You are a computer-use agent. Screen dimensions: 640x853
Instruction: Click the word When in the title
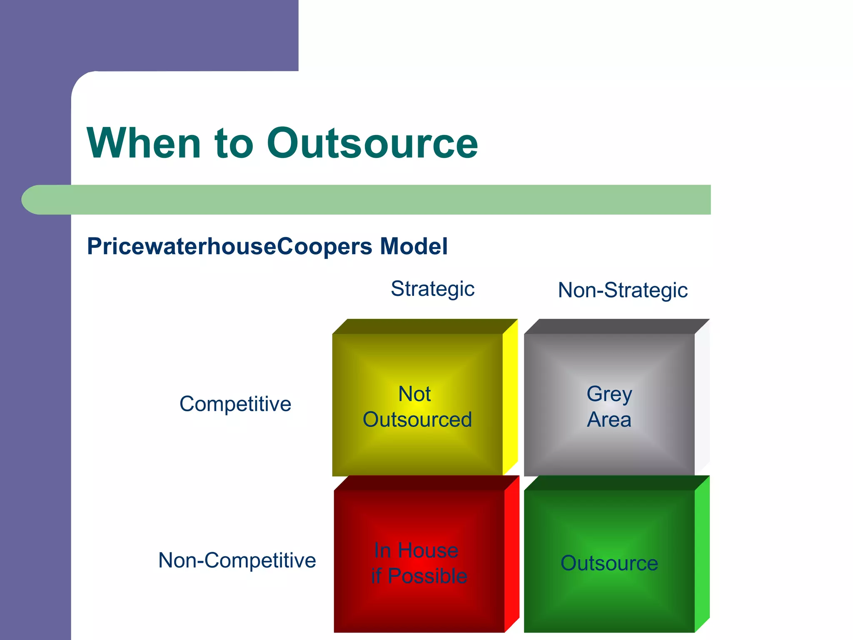click(x=144, y=143)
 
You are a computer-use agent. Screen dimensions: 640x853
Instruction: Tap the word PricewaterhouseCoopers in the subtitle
click(x=229, y=246)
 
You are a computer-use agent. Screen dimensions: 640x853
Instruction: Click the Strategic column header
click(x=432, y=289)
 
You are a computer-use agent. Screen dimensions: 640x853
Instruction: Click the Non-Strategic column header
click(x=622, y=290)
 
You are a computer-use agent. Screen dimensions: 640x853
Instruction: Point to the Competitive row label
click(x=235, y=404)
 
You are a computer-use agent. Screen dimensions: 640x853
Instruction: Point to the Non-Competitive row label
click(x=237, y=560)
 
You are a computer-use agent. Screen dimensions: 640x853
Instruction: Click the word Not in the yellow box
click(x=414, y=394)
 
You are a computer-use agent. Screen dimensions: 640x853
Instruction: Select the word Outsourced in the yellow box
click(x=417, y=420)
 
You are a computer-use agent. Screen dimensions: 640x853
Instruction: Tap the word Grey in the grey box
click(x=609, y=394)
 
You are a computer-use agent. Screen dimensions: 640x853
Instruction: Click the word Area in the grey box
click(x=609, y=420)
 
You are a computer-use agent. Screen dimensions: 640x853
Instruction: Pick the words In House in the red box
click(x=416, y=550)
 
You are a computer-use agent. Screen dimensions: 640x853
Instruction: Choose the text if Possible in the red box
click(x=419, y=576)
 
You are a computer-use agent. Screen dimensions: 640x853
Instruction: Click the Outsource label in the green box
click(x=609, y=563)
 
